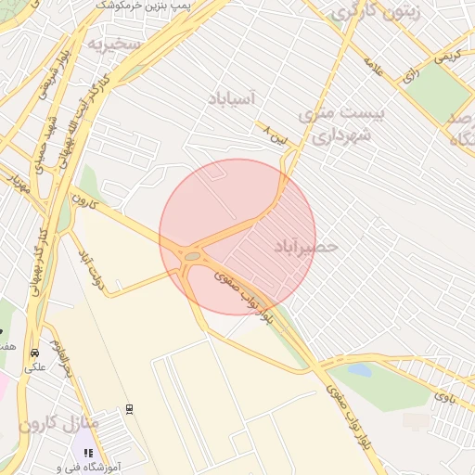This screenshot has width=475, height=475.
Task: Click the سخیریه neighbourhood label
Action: pyautogui.click(x=114, y=43)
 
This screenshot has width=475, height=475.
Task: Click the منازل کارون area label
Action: pyautogui.click(x=58, y=424)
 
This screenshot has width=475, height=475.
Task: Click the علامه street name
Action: pyautogui.click(x=374, y=67)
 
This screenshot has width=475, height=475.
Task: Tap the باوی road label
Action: pyautogui.click(x=446, y=397)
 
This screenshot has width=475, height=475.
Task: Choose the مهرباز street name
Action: pyautogui.click(x=16, y=182)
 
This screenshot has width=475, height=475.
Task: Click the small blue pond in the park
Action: pyautogui.click(x=358, y=370)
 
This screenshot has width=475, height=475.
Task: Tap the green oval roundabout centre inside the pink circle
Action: pyautogui.click(x=192, y=255)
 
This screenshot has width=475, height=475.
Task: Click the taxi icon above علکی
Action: pyautogui.click(x=34, y=353)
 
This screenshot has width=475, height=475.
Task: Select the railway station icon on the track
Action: pyautogui.click(x=129, y=408)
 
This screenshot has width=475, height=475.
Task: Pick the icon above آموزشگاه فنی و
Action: pyautogui.click(x=88, y=454)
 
